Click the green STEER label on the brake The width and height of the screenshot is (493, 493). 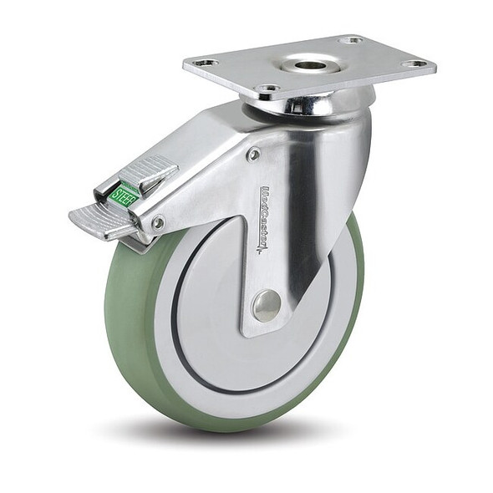[124, 196]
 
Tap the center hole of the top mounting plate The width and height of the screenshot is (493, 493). [310, 64]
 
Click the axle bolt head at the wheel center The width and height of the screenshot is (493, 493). [267, 305]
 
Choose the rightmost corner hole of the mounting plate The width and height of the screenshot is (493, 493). [414, 64]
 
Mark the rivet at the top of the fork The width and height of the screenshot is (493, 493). [254, 155]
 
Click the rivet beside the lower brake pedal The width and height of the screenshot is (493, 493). [157, 222]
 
